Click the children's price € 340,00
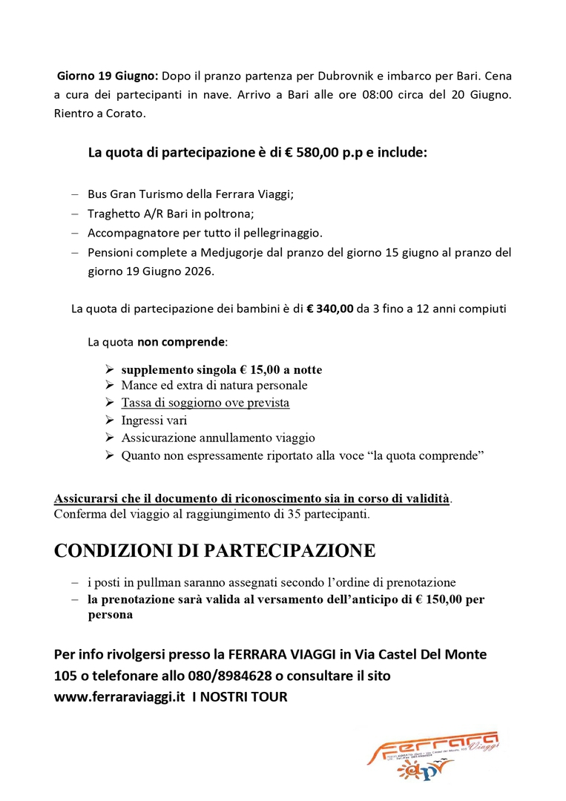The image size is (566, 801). [329, 309]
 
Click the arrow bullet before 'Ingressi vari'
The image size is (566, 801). [109, 421]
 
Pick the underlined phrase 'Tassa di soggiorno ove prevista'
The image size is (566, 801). [205, 403]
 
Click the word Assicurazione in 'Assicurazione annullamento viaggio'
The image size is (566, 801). [158, 438]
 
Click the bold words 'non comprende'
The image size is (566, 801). [180, 342]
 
